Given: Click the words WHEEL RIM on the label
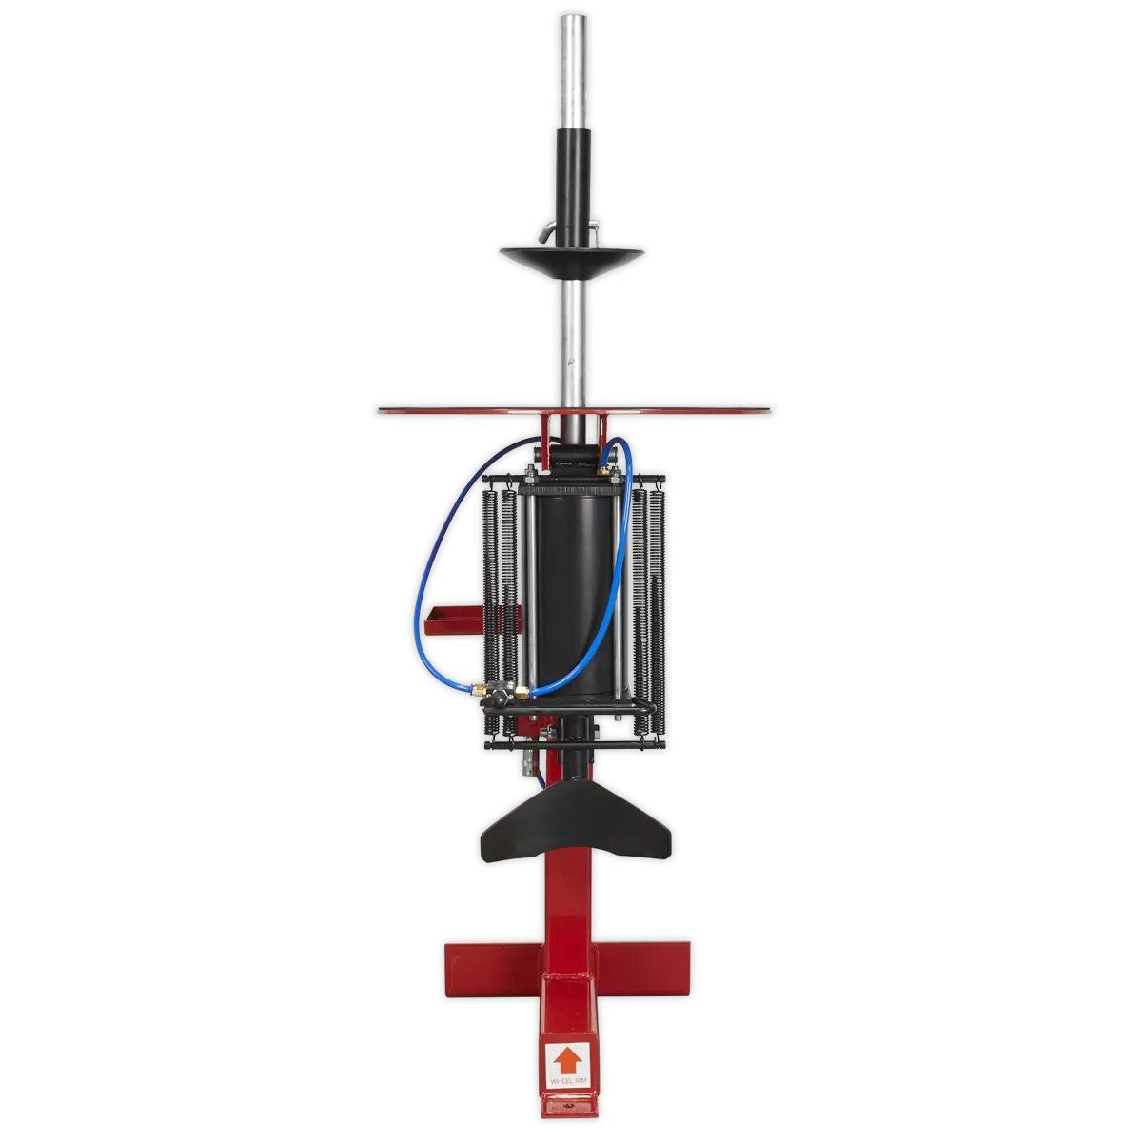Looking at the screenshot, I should point(569,1081).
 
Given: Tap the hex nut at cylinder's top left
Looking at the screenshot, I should point(529,471).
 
